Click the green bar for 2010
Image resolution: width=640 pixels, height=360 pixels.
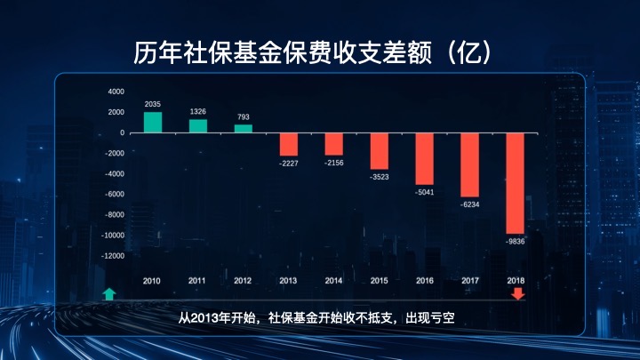[x=153, y=122]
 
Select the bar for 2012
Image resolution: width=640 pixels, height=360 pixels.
[x=243, y=128]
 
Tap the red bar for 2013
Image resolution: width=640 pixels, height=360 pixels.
[x=288, y=144]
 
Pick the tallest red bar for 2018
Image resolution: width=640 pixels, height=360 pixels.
[x=516, y=183]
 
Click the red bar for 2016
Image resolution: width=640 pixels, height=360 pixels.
[x=424, y=158]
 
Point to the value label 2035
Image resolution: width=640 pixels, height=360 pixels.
[x=152, y=104]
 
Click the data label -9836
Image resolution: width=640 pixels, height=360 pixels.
[x=516, y=241]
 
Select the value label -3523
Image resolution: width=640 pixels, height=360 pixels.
[x=379, y=178]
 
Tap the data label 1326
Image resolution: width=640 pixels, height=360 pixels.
[x=197, y=111]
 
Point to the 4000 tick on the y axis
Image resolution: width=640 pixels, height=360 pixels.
[x=116, y=92]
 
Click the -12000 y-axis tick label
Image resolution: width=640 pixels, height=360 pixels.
[x=113, y=255]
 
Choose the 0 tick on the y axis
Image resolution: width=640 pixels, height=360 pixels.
[x=123, y=132]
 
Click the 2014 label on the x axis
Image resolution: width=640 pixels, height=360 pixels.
[x=333, y=281]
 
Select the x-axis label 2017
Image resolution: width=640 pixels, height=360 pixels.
[x=470, y=281]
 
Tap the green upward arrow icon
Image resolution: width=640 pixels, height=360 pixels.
[x=108, y=294]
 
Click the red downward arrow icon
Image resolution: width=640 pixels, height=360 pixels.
[x=517, y=294]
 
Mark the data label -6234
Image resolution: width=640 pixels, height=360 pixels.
[x=469, y=204]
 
